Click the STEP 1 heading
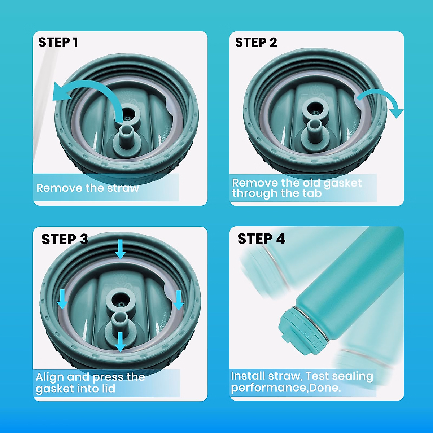pyautogui.click(x=58, y=42)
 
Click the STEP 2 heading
pyautogui.click(x=256, y=42)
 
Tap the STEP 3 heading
pyautogui.click(x=65, y=239)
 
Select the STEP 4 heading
pyautogui.click(x=261, y=239)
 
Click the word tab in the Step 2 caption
pyautogui.click(x=312, y=193)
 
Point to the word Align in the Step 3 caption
pyautogui.click(x=50, y=377)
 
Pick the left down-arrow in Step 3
pyautogui.click(x=63, y=299)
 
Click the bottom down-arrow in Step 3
pyautogui.click(x=120, y=341)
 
